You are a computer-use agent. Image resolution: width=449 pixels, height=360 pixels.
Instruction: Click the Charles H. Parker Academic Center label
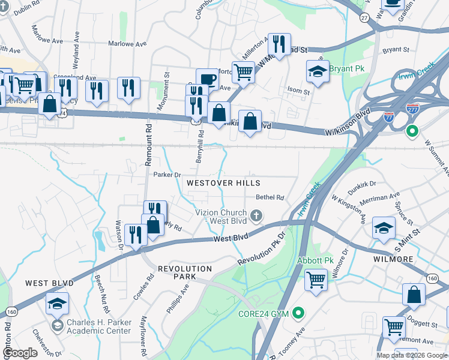[x=98, y=326]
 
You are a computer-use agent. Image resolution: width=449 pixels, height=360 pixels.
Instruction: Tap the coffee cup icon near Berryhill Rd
[x=207, y=79]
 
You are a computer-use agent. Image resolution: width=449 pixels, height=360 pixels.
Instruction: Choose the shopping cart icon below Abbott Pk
[x=316, y=279]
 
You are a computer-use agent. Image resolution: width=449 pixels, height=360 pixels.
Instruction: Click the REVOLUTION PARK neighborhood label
[x=185, y=272]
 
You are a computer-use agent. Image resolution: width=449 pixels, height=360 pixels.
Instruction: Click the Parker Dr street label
[x=167, y=175]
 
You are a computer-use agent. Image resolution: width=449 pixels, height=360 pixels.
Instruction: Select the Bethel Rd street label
[x=270, y=197]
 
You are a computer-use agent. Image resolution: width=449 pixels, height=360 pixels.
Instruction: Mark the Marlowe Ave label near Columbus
[x=127, y=44]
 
